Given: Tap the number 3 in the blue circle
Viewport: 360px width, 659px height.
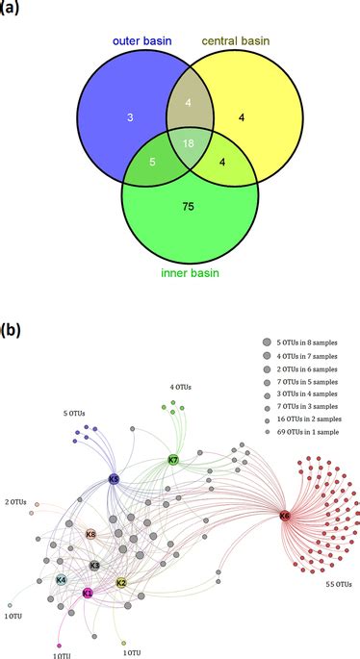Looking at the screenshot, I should (x=100, y=116).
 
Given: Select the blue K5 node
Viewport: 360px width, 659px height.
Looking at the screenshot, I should (x=114, y=478).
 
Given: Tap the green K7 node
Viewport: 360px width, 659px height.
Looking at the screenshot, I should (x=173, y=460).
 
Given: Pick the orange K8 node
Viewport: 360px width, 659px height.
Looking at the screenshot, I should (x=90, y=534).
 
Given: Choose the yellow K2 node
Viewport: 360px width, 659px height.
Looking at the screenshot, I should (x=121, y=583).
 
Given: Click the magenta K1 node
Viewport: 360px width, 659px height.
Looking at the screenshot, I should (x=88, y=594).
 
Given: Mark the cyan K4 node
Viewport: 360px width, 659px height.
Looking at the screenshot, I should (x=61, y=580).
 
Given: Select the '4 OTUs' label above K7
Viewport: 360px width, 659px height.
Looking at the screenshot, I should (x=180, y=387).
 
